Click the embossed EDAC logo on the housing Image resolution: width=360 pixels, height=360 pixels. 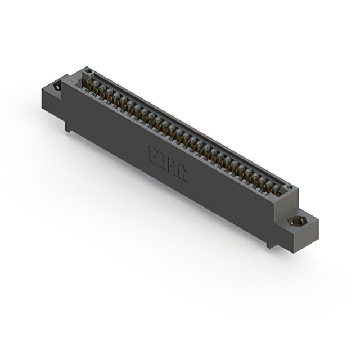(x=168, y=164)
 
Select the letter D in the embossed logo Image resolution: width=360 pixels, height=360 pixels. (x=162, y=161)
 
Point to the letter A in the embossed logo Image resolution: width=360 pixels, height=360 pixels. (x=172, y=167)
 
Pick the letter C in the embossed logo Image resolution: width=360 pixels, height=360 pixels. (x=182, y=173)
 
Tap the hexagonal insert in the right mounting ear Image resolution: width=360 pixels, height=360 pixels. (x=296, y=220)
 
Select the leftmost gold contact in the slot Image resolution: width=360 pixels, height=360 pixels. (x=90, y=84)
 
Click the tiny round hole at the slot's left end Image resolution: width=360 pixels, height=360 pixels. (x=87, y=71)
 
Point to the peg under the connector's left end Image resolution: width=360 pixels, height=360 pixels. (x=68, y=127)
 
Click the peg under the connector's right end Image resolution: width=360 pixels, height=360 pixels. (x=271, y=244)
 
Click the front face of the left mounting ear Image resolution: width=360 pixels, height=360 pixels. (x=52, y=101)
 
